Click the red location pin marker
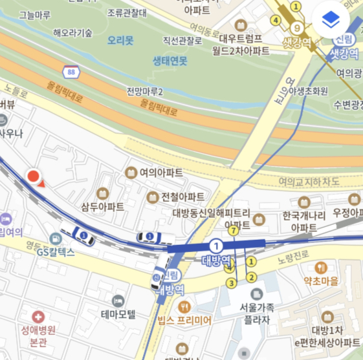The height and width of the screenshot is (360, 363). coord(33,176)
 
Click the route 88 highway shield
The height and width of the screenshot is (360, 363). coord(71,70)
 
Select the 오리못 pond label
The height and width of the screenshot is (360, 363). coord(120,40)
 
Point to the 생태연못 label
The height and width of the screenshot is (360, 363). coord(170,61)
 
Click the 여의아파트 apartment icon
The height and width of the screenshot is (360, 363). coord(131,173)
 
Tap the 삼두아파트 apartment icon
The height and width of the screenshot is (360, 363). coord(102,193)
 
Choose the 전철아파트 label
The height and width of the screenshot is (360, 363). coord(183,196)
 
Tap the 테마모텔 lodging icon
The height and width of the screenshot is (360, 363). coord(118,301)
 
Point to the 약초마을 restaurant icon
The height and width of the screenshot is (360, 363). coord(320,268)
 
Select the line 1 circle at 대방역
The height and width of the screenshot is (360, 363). coord(216,245)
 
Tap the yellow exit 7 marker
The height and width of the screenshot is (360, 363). coord(234,230)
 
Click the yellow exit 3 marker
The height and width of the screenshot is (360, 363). coord(231,282)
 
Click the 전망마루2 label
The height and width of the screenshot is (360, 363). coord(145,90)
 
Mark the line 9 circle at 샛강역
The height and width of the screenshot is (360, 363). coord(297,28)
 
